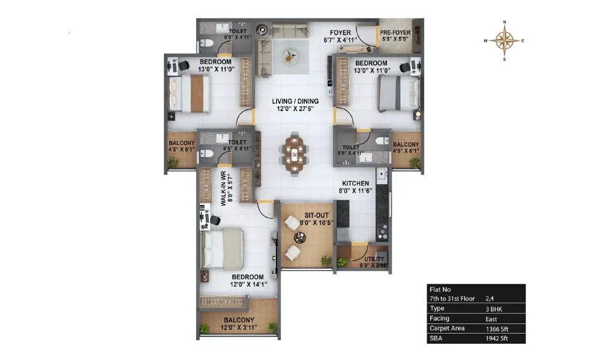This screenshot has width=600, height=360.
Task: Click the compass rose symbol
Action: pyautogui.click(x=505, y=41)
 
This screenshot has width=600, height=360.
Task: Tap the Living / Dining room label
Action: pyautogui.click(x=295, y=105)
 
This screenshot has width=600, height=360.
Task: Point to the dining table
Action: pyautogui.click(x=294, y=154)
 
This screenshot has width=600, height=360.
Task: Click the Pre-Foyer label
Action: pyautogui.click(x=395, y=35)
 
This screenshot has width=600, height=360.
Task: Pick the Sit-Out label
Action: pyautogui.click(x=316, y=219)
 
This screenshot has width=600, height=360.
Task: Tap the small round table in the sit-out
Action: pyautogui.click(x=299, y=238)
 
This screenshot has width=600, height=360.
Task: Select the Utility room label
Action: pyautogui.click(x=373, y=262)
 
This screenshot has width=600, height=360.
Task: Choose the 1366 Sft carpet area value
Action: pyautogui.click(x=497, y=329)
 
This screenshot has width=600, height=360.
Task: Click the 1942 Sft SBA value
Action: pyautogui.click(x=497, y=338)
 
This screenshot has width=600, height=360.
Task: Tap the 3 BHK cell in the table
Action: pyautogui.click(x=494, y=309)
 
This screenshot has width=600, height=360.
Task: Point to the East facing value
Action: pyautogui.click(x=491, y=319)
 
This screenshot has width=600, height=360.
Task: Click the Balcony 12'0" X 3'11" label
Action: pyautogui.click(x=239, y=323)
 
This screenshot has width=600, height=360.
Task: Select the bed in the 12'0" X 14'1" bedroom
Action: pyautogui.click(x=222, y=249)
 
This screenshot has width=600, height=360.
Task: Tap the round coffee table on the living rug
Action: pyautogui.click(x=290, y=57)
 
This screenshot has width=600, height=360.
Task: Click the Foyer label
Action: pyautogui.click(x=340, y=36)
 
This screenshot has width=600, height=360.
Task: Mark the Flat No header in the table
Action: pyautogui.click(x=440, y=290)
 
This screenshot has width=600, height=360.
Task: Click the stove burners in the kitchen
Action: pyautogui.click(x=382, y=232)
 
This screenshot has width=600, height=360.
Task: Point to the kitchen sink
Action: pyautogui.click(x=382, y=175)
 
